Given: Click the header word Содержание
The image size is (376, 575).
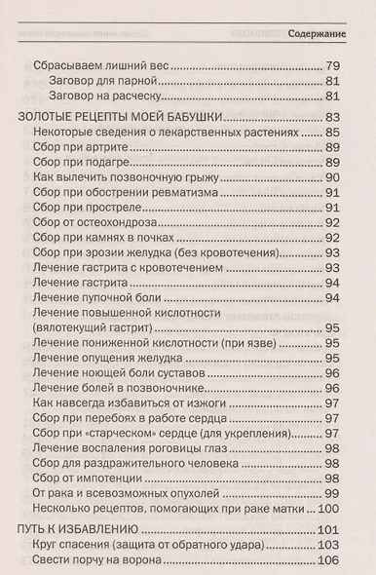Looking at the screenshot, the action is point(320,35).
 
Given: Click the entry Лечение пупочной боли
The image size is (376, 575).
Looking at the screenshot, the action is point(100,297).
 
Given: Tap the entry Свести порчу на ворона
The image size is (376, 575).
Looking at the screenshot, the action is point(105,561).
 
